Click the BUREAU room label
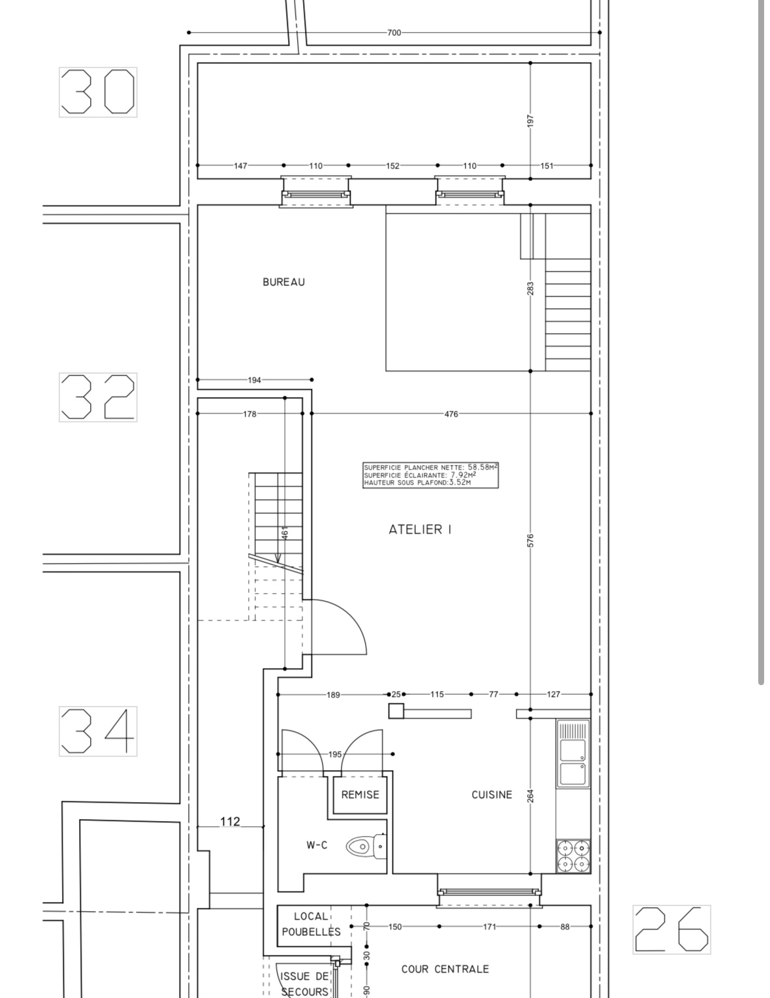point(283,282)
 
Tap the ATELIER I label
point(420,530)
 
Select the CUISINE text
point(491,795)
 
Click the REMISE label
point(360,795)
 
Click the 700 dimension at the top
point(394,33)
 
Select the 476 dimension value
point(451,414)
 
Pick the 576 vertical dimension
point(530,540)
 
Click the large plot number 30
point(98,92)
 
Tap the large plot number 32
point(98,397)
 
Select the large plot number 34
point(98,731)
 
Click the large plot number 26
point(671,929)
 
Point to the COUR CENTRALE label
point(445,969)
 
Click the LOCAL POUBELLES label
point(311,924)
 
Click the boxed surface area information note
point(430,475)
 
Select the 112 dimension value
point(230,821)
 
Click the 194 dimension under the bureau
point(254,380)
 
